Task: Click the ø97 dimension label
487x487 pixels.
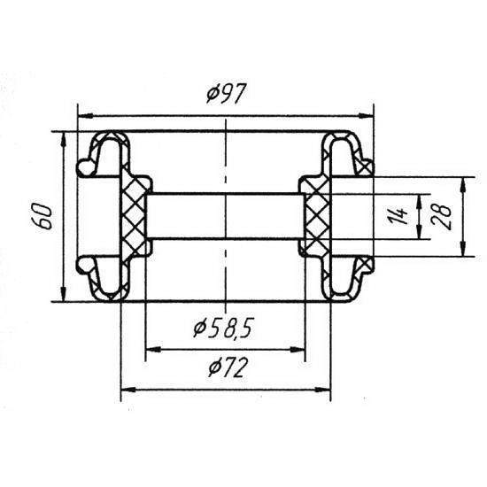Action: point(226,93)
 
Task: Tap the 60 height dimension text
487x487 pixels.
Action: point(43,216)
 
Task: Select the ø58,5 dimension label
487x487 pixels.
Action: point(224,328)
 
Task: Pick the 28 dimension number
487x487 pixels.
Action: point(441,216)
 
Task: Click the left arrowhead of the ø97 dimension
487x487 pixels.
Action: point(85,116)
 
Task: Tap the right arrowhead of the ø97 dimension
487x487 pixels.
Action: point(366,116)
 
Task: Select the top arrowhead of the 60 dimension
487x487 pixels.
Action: point(64,139)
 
